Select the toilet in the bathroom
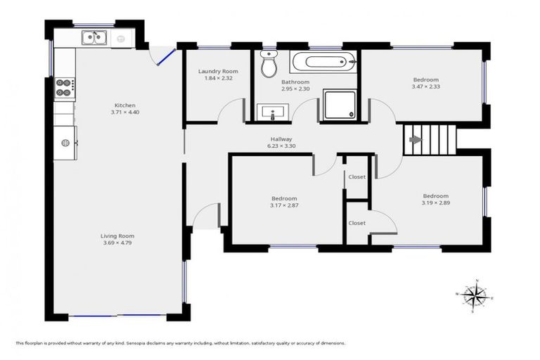[x=269, y=65]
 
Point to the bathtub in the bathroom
[x=323, y=63]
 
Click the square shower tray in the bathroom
[x=339, y=105]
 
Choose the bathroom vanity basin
[x=271, y=112]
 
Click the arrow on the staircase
[x=416, y=139]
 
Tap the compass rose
[x=477, y=295]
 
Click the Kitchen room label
[x=125, y=105]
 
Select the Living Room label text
[x=117, y=236]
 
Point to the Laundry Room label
[x=217, y=71]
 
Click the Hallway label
[x=281, y=139]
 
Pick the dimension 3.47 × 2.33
[x=425, y=87]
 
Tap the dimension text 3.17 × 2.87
[x=283, y=205]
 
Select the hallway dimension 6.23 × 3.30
[x=281, y=146]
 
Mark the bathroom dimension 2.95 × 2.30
[x=295, y=89]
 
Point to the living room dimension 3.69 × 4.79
[x=117, y=243]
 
